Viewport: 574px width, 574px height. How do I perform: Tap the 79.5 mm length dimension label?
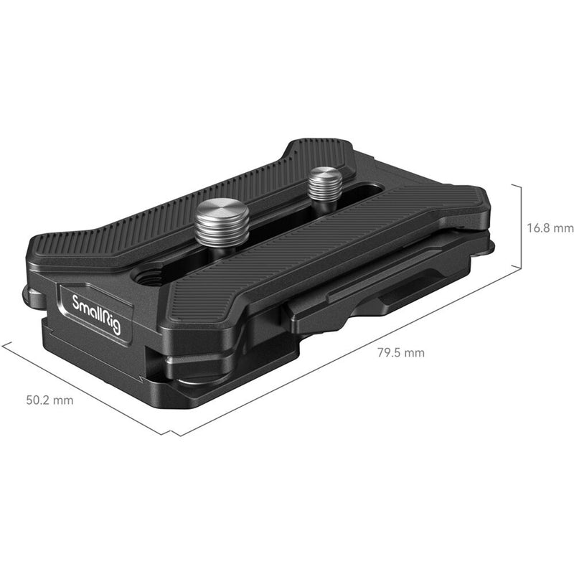400,352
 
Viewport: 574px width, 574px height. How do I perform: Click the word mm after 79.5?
414,352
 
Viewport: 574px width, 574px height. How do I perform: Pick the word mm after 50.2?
63,400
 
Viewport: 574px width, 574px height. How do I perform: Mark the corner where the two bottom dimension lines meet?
172,435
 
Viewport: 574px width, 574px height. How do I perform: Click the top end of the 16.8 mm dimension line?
519,184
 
